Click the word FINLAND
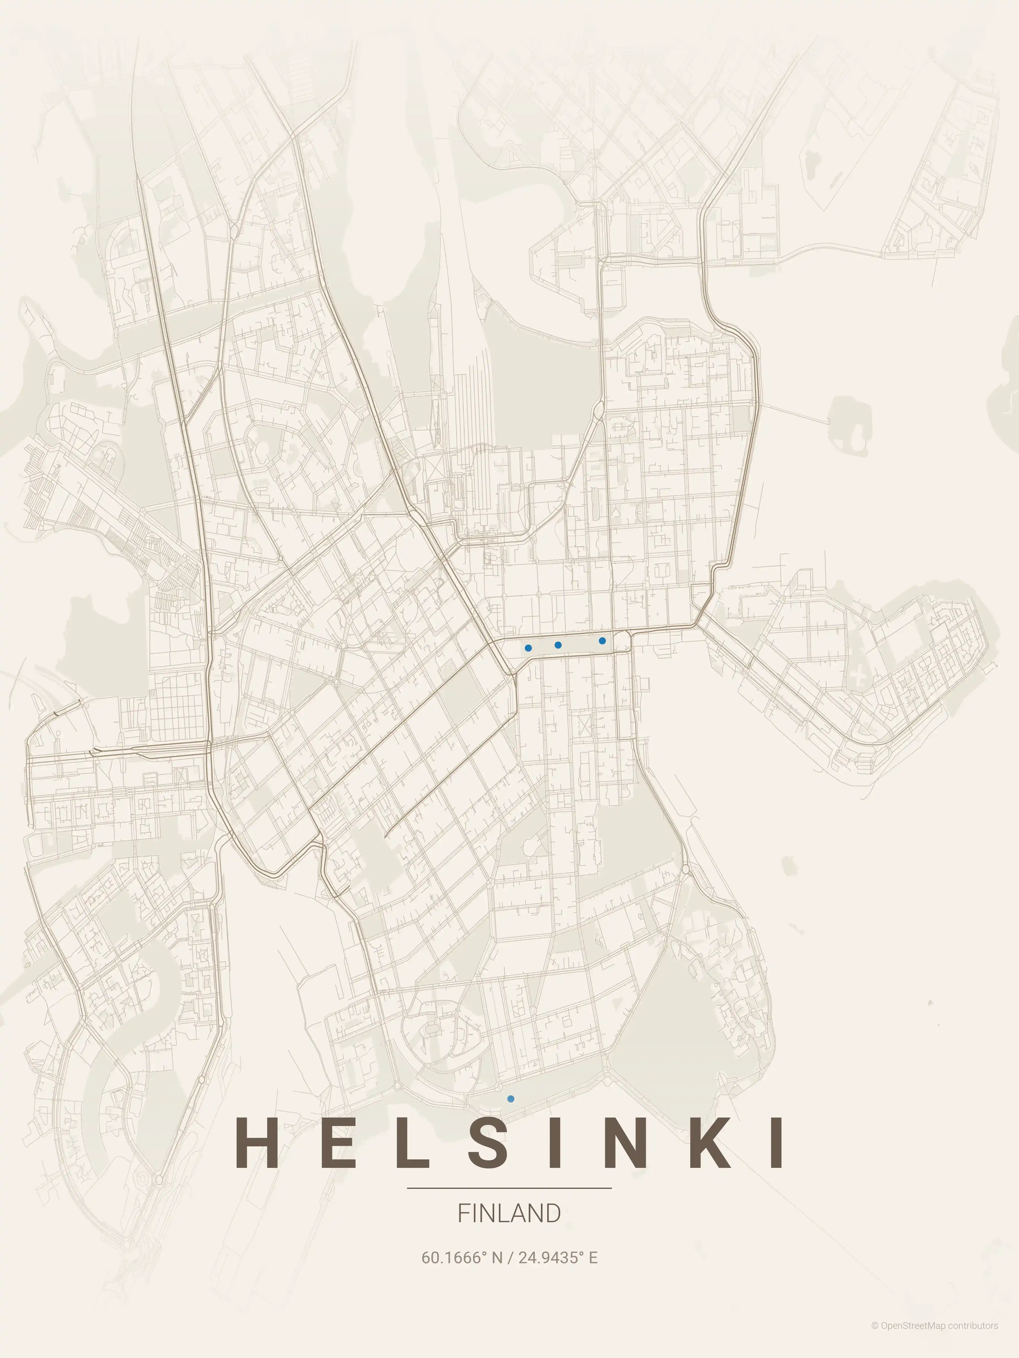(509, 1214)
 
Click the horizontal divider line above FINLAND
(509, 1188)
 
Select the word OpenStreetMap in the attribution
(913, 1338)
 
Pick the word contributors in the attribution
(973, 1338)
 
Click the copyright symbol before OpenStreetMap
(875, 1338)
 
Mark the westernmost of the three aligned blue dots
(528, 648)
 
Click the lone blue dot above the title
(510, 1099)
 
